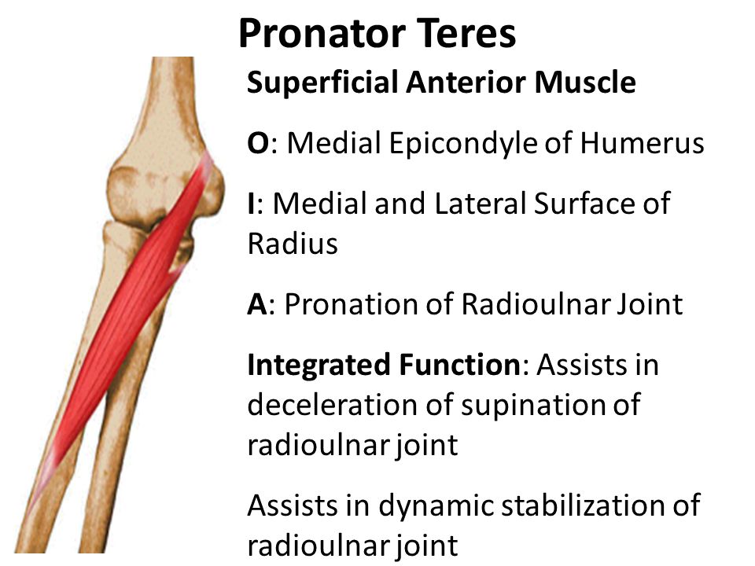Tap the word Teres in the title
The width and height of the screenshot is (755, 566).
[466, 33]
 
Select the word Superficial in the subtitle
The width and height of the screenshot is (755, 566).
[322, 83]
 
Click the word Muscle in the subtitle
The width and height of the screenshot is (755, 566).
[585, 83]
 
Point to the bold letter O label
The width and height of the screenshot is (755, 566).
[259, 143]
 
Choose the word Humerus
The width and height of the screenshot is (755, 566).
[642, 143]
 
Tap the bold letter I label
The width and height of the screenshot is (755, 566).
[251, 203]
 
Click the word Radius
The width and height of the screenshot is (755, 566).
[293, 243]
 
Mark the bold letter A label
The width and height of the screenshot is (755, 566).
[258, 304]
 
